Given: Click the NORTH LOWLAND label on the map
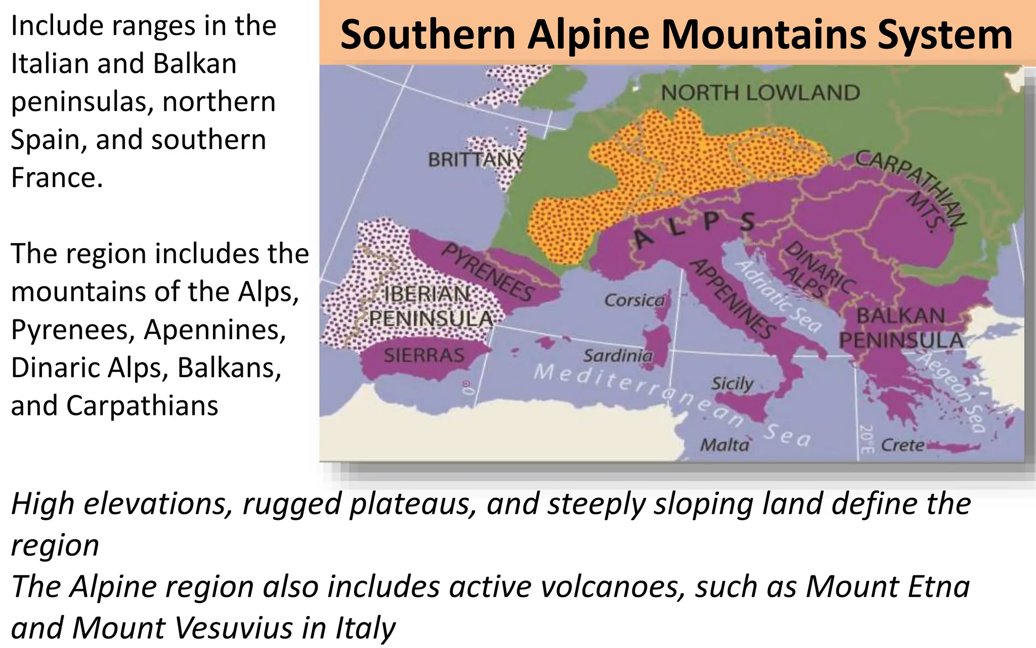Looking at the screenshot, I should click(760, 93).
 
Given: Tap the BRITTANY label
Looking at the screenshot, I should click(476, 160).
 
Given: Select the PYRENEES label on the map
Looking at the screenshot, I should click(488, 272).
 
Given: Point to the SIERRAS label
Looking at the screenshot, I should click(424, 355).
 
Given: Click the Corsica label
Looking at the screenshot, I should click(634, 301).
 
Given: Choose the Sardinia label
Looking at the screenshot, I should click(618, 356).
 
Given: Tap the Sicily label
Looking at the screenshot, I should click(732, 384).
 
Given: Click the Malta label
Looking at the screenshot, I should click(724, 445).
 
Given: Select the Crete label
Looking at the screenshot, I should click(902, 445).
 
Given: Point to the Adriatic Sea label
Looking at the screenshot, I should click(779, 296).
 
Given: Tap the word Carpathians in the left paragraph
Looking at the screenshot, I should click(142, 406).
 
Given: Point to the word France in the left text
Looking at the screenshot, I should click(57, 178).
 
